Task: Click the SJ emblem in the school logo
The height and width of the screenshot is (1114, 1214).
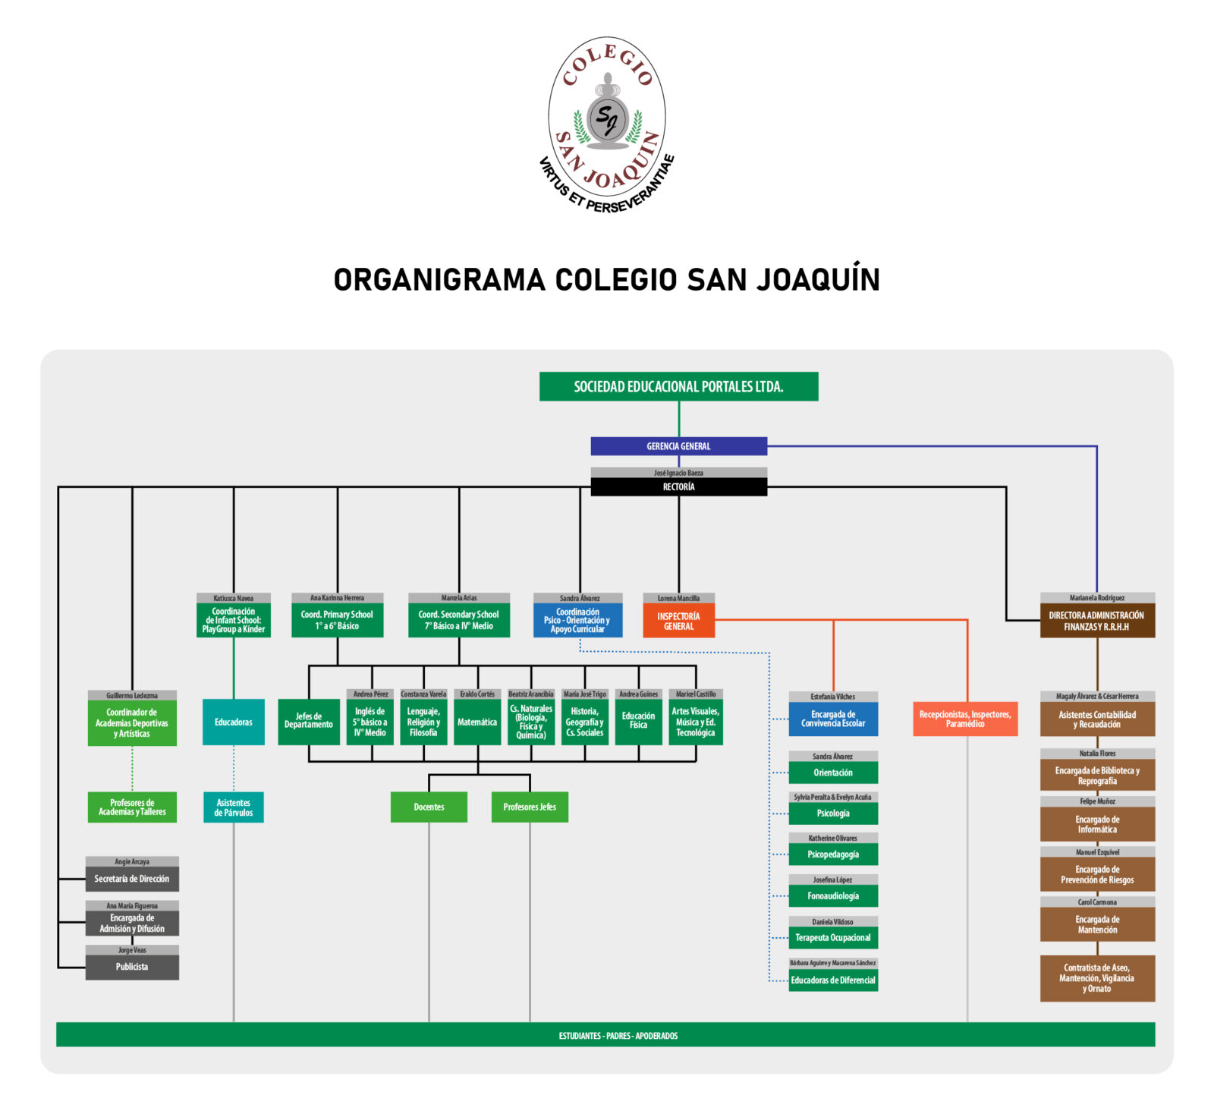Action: (x=607, y=118)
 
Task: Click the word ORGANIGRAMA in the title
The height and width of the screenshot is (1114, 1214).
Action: (x=439, y=279)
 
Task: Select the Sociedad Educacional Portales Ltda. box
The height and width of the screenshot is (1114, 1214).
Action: (x=678, y=386)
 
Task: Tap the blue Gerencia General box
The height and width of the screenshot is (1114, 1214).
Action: (x=678, y=446)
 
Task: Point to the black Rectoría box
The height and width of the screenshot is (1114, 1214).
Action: (x=678, y=486)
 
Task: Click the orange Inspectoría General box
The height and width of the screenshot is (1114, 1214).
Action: (x=678, y=621)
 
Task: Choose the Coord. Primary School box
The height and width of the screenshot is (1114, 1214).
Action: (x=337, y=620)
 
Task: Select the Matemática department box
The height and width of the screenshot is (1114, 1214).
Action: (x=477, y=722)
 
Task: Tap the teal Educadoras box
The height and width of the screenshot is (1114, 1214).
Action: (x=233, y=722)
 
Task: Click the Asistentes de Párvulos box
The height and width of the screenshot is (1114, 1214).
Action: (x=233, y=807)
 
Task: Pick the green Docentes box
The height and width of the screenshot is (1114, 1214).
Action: (x=429, y=807)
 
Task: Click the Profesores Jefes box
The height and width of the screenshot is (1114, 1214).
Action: (x=530, y=807)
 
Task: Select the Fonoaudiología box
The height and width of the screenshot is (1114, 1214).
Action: (x=833, y=895)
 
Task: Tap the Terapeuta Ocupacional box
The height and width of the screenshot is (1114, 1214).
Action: (x=833, y=937)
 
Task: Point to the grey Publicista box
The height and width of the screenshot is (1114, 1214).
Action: (x=132, y=967)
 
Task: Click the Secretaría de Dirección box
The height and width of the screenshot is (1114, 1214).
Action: (x=132, y=879)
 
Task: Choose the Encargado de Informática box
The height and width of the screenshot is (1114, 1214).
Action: (x=1097, y=824)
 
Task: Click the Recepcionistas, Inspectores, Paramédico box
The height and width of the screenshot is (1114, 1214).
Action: (x=965, y=719)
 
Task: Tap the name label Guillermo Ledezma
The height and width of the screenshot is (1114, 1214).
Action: (x=132, y=695)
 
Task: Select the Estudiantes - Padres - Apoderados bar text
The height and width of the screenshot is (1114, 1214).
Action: (x=618, y=1036)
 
